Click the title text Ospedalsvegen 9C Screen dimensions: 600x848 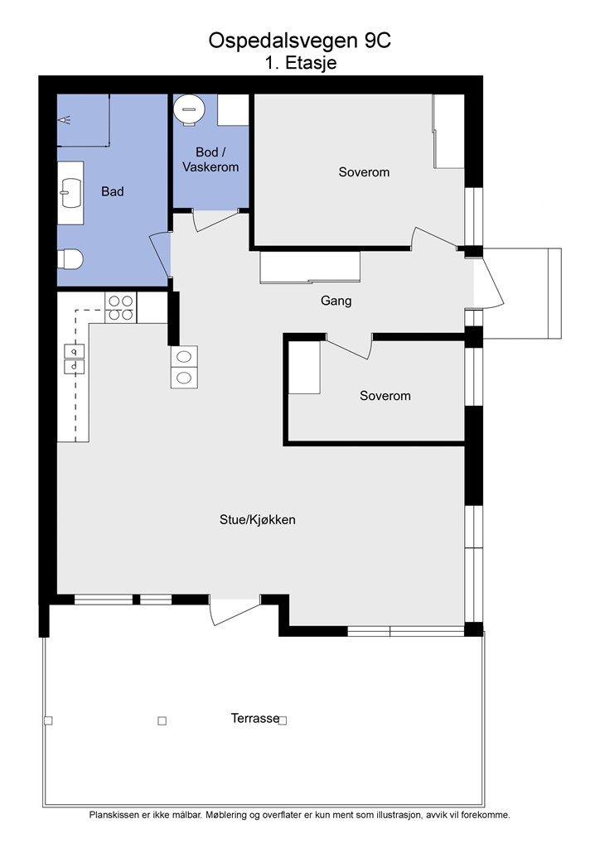pos(300,41)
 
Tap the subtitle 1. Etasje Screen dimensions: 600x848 pos(301,63)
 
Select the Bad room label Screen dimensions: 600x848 pos(113,191)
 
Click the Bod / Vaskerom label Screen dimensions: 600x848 pos(210,160)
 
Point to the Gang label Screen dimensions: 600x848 pos(336,301)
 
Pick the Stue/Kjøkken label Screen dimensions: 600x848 pos(258,520)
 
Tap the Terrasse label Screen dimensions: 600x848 pos(255,718)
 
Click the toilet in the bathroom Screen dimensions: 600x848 pos(70,259)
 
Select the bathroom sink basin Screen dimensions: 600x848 pos(70,193)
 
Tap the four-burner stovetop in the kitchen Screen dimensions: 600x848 pos(121,308)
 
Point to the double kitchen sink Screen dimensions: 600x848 pos(74,359)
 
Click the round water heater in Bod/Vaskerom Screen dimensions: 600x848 pos(189,109)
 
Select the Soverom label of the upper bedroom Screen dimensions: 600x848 pos(364,172)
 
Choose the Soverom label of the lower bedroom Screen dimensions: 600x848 pos(385,396)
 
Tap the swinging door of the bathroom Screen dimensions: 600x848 pos(160,254)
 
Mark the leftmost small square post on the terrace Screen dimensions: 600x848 pos(48,720)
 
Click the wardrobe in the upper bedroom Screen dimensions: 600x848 pos(448,132)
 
